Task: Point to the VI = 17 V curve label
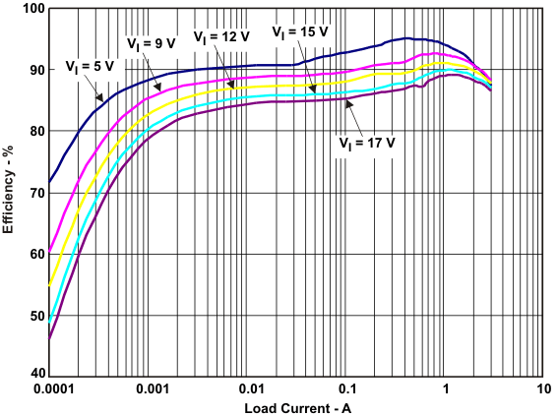tap(367, 141)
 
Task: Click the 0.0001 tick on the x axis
tap(49, 388)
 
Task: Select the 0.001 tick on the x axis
tap(149, 388)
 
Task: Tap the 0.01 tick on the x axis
tap(248, 388)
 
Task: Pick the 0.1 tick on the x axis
tap(346, 388)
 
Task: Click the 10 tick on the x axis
tap(543, 388)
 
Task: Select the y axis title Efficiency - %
tap(9, 192)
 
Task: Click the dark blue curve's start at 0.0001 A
tap(49, 181)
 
